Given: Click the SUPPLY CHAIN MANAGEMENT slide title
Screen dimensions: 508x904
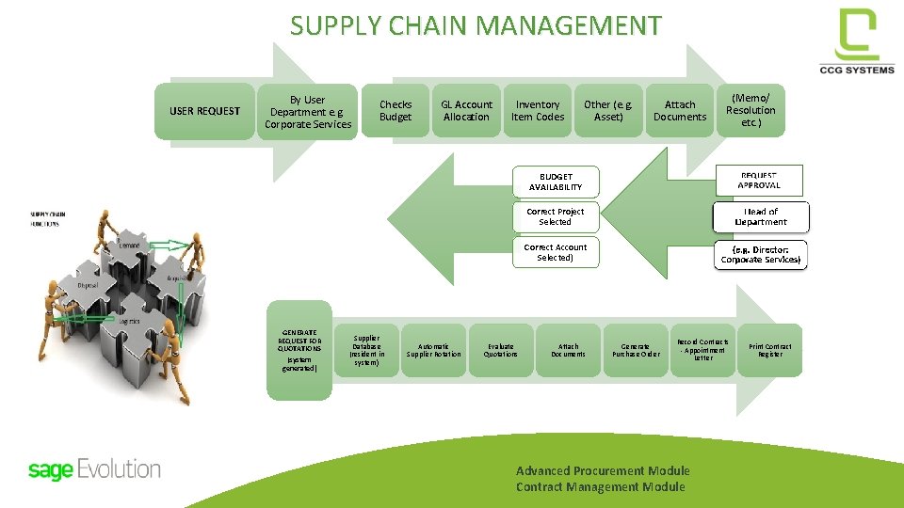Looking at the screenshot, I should tap(476, 25).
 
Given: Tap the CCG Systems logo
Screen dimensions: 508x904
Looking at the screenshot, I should tap(857, 42).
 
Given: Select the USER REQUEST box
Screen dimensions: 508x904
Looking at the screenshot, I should tap(204, 111).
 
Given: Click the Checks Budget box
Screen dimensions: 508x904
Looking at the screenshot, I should tap(395, 111).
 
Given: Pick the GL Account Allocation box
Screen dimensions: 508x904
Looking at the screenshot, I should tap(466, 111).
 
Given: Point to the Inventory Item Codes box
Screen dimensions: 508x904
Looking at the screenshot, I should tap(538, 111).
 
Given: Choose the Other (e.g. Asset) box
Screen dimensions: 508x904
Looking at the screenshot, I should tap(608, 111).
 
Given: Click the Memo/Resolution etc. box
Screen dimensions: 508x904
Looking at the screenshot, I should tap(751, 110).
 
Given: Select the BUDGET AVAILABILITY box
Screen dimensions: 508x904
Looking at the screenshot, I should tap(556, 182).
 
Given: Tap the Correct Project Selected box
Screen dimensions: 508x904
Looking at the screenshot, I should tap(556, 217).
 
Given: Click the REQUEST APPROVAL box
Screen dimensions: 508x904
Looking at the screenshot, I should tap(759, 181).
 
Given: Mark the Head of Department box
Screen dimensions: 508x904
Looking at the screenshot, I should tap(760, 217).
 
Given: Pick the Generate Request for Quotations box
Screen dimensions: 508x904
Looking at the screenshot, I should tap(300, 349).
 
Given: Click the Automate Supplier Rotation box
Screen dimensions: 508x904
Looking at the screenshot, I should tap(434, 350).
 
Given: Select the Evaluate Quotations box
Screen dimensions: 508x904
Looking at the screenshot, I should tap(501, 350).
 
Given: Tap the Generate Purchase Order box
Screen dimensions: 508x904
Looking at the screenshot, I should tap(636, 350).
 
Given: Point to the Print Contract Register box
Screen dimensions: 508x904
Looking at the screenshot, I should tap(770, 350).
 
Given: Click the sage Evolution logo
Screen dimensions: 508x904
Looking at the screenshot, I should tap(94, 469).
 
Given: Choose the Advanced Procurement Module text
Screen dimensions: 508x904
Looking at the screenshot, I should tap(603, 470).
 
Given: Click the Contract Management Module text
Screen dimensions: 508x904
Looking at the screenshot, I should tap(600, 486).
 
